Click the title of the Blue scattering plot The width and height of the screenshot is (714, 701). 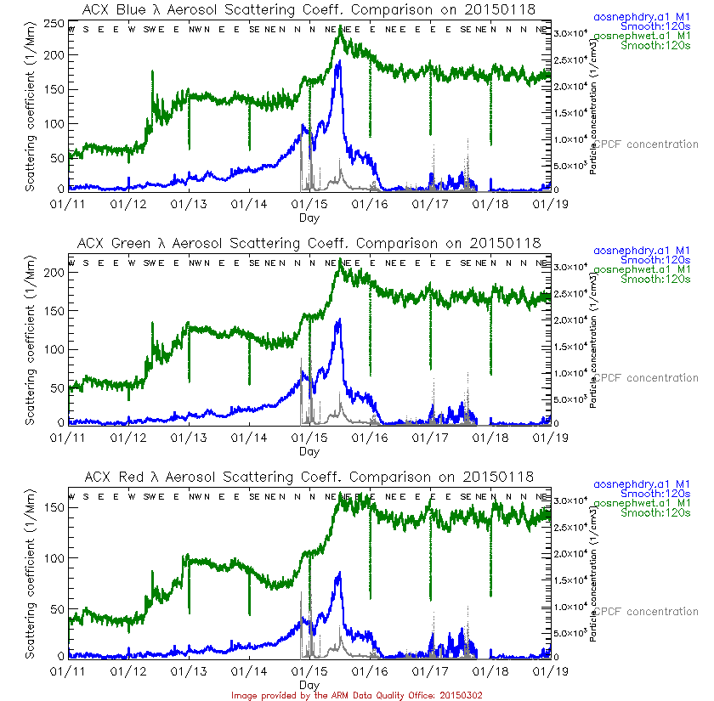pyautogui.click(x=310, y=9)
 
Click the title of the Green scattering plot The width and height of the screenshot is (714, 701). pyautogui.click(x=310, y=243)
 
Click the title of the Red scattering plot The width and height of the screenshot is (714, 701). pyautogui.click(x=310, y=477)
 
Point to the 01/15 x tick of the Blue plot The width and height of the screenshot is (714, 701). pyautogui.click(x=309, y=203)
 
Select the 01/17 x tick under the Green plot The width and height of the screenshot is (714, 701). pyautogui.click(x=430, y=437)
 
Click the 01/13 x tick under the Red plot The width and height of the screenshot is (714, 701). pyautogui.click(x=188, y=670)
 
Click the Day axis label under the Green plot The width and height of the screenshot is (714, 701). pyautogui.click(x=309, y=451)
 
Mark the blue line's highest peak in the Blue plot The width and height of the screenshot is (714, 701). pyautogui.click(x=339, y=62)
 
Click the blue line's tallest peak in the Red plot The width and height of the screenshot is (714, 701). pyautogui.click(x=339, y=574)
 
